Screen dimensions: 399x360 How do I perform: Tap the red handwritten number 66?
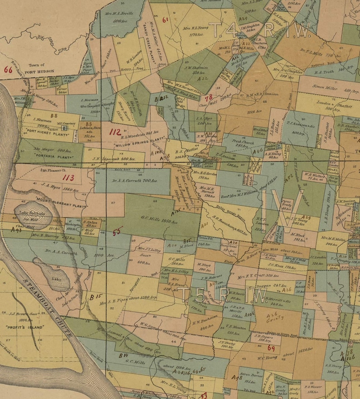[x=8, y=70]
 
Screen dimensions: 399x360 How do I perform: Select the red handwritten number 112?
[x=116, y=132]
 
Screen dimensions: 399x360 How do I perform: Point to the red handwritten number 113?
[x=68, y=178]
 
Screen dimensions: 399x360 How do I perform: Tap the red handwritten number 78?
[x=209, y=97]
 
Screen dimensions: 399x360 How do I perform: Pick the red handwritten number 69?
[x=271, y=348]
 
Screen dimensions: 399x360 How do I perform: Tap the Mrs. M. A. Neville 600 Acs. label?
[x=121, y=17]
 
